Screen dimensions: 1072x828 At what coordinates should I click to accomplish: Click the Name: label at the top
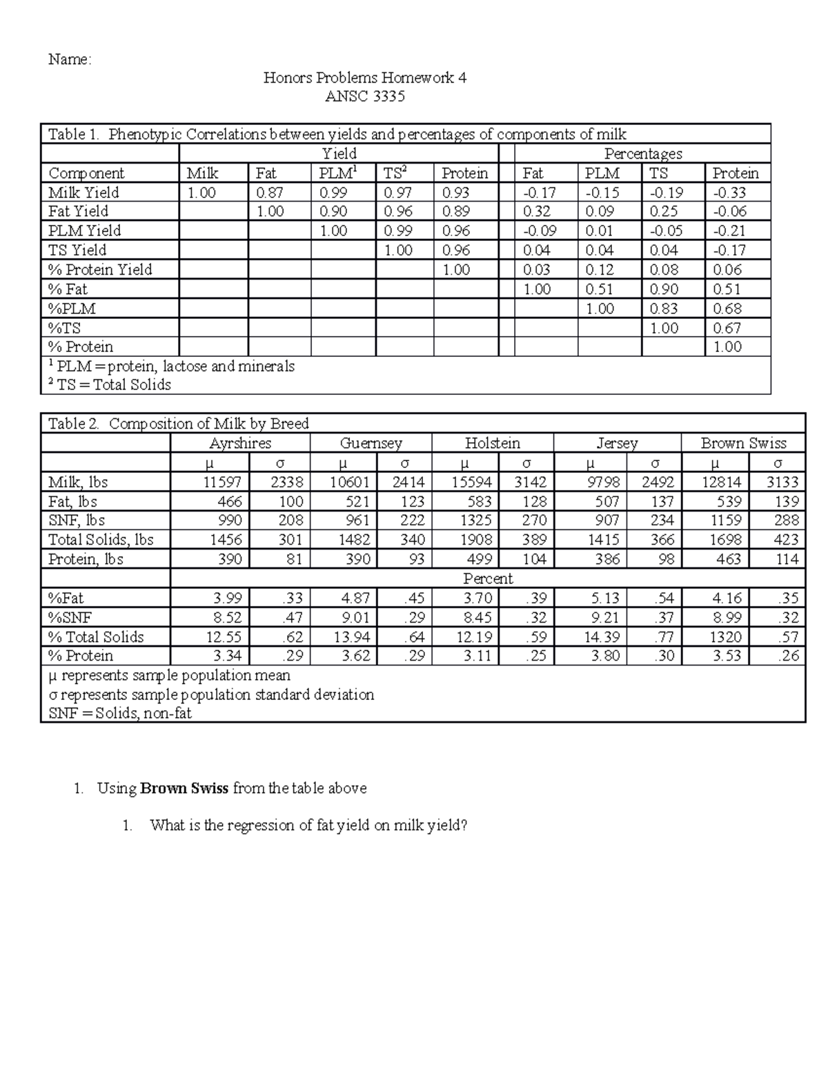coord(69,60)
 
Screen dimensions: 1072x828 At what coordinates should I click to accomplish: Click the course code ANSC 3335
coord(364,97)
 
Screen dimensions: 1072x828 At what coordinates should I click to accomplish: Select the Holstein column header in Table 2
coord(492,443)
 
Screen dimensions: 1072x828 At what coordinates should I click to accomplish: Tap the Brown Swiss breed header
coord(743,443)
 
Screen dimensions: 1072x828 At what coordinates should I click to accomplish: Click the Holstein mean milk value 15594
coord(471,483)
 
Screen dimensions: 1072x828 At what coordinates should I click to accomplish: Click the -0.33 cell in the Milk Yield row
coord(729,193)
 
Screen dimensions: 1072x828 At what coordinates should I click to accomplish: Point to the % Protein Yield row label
coord(100,270)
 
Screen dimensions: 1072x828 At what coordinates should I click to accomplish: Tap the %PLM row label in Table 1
coord(72,309)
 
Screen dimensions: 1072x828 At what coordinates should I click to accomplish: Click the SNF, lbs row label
coord(77,520)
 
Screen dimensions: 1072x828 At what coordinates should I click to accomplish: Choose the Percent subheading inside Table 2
coord(487,578)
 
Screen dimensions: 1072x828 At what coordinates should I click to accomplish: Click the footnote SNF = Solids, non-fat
coord(119,713)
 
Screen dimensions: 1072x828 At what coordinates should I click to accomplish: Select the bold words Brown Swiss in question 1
coord(184,788)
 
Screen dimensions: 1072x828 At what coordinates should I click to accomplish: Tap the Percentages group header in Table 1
coord(642,154)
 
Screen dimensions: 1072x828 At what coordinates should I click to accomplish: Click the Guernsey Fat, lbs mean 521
coord(357,502)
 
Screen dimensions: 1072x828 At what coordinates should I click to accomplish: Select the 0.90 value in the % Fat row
coord(664,289)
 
